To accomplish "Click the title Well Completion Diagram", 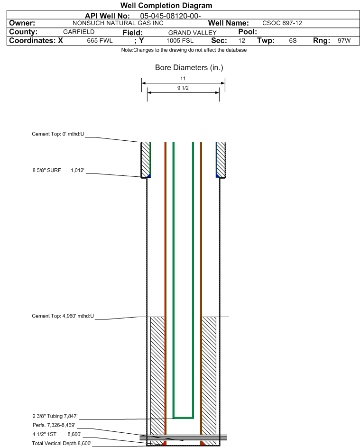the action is point(166,5).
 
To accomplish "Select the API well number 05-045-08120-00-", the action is point(170,16).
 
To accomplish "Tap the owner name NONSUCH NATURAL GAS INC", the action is point(118,23).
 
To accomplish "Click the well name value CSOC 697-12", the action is point(282,23).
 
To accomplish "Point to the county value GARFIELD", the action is point(79,32).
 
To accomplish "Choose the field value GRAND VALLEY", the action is point(192,33).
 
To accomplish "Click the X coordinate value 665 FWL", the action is point(100,40).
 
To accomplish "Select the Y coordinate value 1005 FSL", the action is point(180,40).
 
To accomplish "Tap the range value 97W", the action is point(344,40).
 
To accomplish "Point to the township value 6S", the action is point(293,40).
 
